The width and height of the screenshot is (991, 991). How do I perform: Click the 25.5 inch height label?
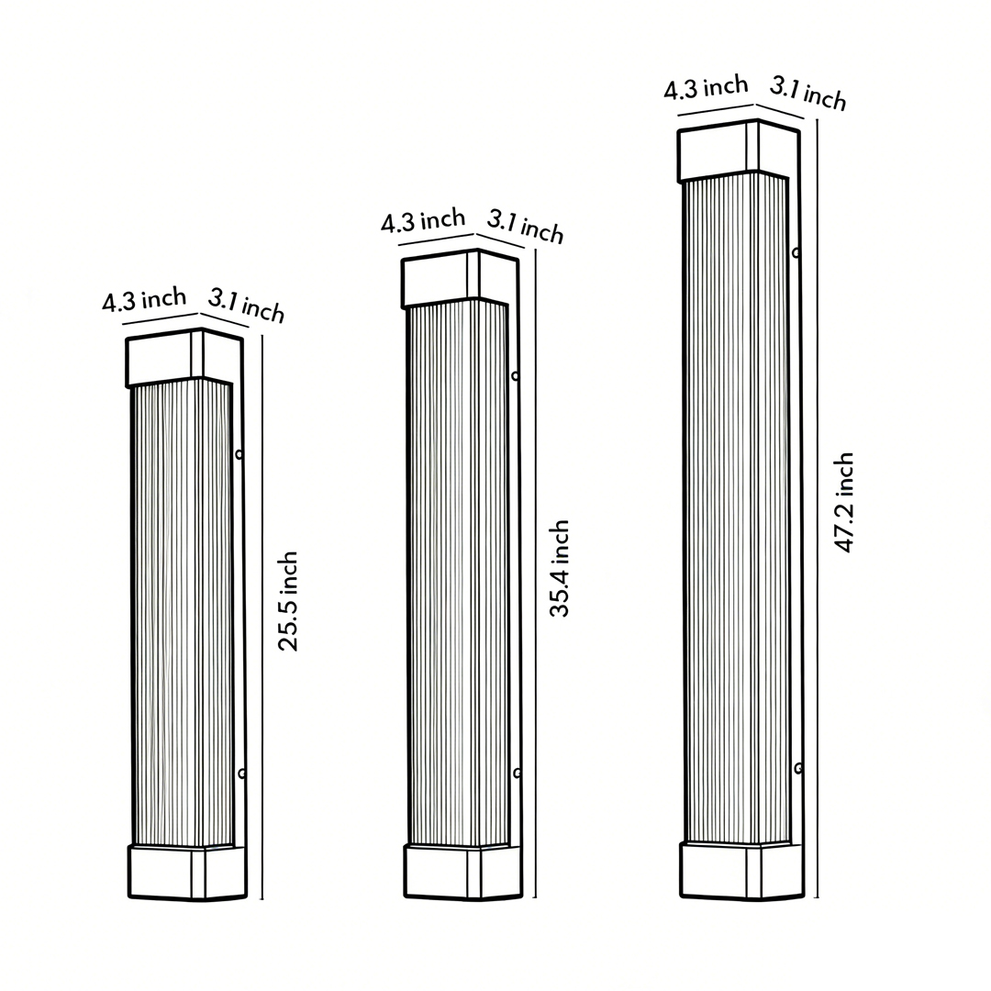(x=289, y=601)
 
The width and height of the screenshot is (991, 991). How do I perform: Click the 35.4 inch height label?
(x=560, y=568)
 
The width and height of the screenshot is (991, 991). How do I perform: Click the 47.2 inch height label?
(x=844, y=502)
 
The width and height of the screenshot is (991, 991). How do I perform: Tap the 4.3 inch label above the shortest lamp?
(x=144, y=301)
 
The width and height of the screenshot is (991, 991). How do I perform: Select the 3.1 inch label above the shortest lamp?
(x=246, y=304)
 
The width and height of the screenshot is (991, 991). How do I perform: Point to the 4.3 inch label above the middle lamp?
(x=423, y=221)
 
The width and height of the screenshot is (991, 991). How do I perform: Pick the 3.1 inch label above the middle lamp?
(x=525, y=226)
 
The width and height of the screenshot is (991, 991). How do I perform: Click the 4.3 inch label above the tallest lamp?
(x=706, y=88)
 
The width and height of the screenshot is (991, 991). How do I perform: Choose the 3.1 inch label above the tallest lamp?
(x=807, y=94)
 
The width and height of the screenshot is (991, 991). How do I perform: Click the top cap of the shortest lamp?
(x=184, y=358)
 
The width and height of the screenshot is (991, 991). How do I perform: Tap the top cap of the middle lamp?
(x=459, y=278)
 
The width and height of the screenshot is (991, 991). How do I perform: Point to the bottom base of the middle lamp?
(x=462, y=872)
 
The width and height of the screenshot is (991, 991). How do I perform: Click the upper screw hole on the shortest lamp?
(x=239, y=453)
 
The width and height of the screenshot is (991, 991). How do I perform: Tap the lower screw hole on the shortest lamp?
(x=242, y=774)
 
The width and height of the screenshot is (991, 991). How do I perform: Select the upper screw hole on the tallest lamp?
(x=796, y=251)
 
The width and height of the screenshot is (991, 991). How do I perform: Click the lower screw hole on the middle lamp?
(x=518, y=773)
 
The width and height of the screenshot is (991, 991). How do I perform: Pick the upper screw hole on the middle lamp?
(x=516, y=375)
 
